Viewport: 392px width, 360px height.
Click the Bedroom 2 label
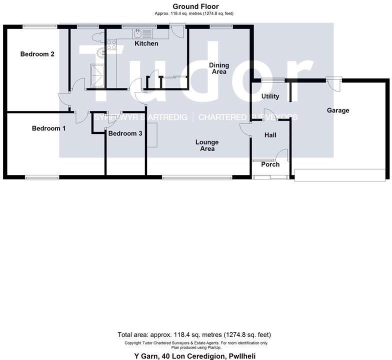(x=37, y=54)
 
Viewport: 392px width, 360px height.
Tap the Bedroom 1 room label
(x=48, y=128)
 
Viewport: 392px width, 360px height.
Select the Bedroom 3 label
(x=125, y=133)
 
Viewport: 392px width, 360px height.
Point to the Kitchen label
(x=146, y=43)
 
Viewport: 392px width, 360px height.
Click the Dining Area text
(x=218, y=68)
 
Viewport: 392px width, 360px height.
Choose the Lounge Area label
(x=207, y=145)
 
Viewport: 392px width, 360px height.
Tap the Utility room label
(x=270, y=96)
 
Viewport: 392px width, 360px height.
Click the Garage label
(x=337, y=110)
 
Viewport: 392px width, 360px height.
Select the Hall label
(x=270, y=135)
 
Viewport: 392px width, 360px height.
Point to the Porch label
(x=270, y=164)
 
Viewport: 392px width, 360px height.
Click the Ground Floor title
(x=195, y=6)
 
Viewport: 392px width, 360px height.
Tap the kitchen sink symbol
(x=139, y=33)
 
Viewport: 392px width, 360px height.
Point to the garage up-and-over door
(x=340, y=174)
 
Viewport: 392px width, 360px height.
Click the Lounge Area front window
(x=196, y=176)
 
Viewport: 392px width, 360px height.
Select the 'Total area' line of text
(x=195, y=334)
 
